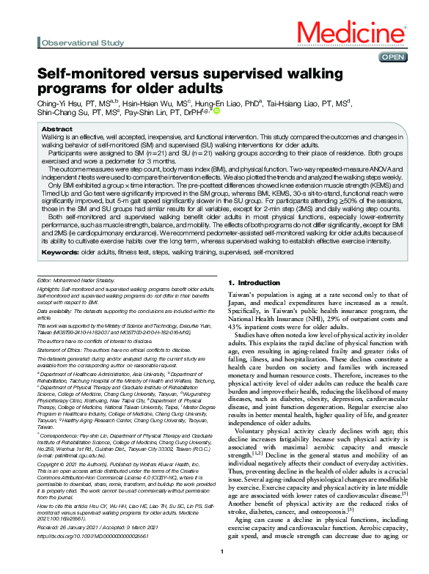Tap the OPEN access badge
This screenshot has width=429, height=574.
pos(392,56)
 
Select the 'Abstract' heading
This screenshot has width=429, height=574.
pos(57,128)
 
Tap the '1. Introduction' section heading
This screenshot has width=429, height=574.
pos(254,282)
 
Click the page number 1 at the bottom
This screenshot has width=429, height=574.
pos(221,551)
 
